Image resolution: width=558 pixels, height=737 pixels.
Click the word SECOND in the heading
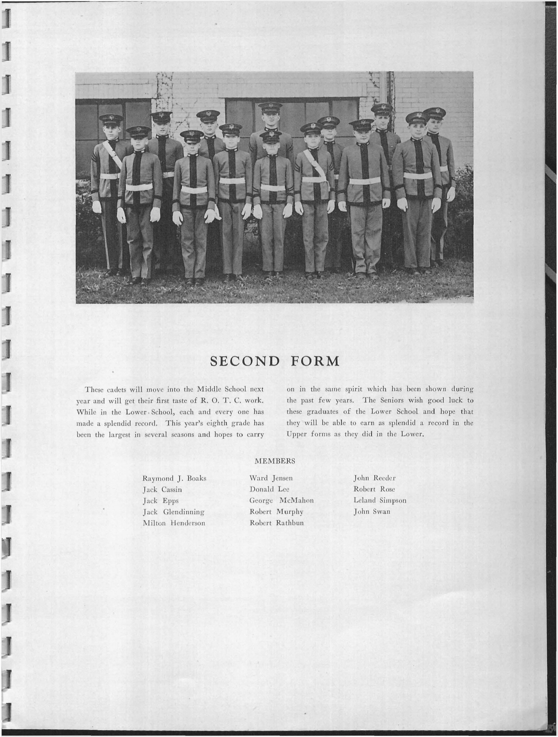pyautogui.click(x=245, y=361)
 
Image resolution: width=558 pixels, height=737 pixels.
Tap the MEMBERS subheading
pyautogui.click(x=275, y=461)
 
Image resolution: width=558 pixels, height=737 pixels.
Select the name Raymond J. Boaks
pyautogui.click(x=174, y=478)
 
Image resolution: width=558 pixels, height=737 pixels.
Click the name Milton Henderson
pyautogui.click(x=174, y=523)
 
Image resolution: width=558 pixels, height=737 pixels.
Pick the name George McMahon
pyautogui.click(x=281, y=500)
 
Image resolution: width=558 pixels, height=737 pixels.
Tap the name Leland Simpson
pyautogui.click(x=380, y=500)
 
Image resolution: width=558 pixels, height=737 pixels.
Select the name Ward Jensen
pyautogui.click(x=271, y=478)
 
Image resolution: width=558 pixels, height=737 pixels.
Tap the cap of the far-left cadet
pyautogui.click(x=111, y=119)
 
